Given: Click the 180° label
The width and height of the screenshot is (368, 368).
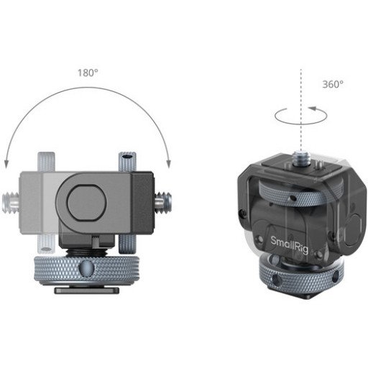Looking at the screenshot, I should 88,73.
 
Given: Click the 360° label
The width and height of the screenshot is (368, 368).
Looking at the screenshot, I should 334,84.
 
